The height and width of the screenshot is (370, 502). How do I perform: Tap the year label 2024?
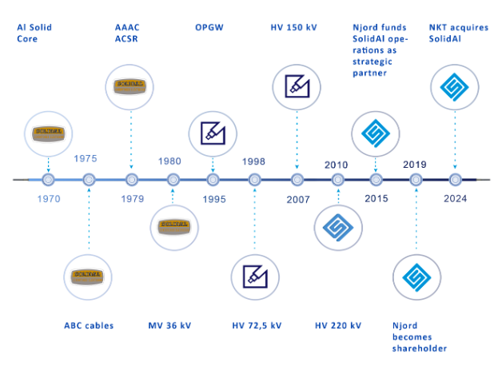coord(456,199)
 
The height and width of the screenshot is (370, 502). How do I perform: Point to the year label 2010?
coord(337,165)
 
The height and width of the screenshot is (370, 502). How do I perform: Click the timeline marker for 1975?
coord(89,181)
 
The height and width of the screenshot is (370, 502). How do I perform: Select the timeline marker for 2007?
coord(297,181)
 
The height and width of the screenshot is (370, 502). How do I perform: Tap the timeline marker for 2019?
coord(415,181)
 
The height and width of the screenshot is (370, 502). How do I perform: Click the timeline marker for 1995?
coord(213,181)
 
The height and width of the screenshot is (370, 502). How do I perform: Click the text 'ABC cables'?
coord(89,325)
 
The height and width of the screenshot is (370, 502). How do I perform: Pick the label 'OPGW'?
coord(209,27)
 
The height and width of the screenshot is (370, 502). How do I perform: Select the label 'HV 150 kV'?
coord(293,27)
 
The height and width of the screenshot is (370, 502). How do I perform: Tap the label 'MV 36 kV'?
coord(171,325)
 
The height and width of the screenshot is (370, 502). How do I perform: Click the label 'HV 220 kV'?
coord(337,325)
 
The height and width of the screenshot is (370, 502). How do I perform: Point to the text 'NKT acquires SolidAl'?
coord(459,33)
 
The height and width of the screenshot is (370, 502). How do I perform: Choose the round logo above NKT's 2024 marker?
coord(455,87)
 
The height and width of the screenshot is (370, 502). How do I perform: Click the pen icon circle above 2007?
coord(297,87)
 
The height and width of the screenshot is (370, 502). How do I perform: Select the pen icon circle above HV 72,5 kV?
coord(255,277)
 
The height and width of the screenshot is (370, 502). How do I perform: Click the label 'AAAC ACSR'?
coord(129,33)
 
